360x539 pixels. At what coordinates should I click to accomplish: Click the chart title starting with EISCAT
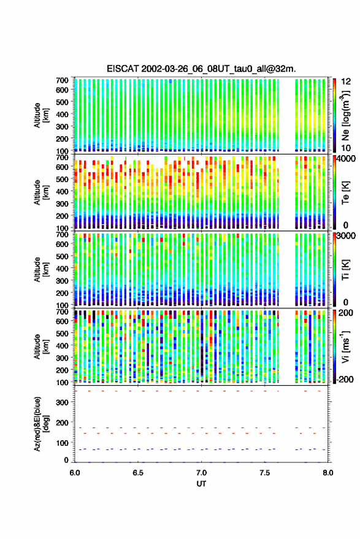[x=201, y=69]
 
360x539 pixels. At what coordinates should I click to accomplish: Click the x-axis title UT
[x=201, y=484]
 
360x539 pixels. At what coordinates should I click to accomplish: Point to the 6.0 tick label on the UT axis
[x=75, y=473]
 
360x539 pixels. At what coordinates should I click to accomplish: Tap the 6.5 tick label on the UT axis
[x=138, y=473]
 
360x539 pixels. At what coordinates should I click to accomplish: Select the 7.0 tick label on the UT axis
[x=201, y=473]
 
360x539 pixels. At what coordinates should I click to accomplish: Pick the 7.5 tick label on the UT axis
[x=264, y=473]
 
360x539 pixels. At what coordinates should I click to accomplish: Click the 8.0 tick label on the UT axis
[x=327, y=473]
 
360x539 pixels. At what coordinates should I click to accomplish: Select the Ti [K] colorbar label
[x=345, y=270]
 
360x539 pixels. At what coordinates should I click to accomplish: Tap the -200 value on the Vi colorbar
[x=345, y=379]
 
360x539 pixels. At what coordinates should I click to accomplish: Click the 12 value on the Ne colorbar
[x=347, y=82]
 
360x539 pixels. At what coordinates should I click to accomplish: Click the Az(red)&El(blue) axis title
[x=41, y=424]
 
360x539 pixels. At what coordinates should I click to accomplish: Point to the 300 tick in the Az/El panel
[x=62, y=402]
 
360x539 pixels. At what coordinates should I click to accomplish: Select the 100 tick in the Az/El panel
[x=62, y=443]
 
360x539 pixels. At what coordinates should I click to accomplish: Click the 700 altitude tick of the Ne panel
[x=62, y=80]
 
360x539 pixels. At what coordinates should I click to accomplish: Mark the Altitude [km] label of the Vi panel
[x=41, y=346]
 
